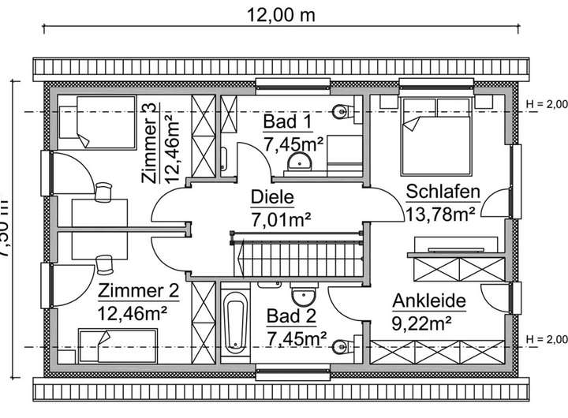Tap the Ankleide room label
tap(428, 300)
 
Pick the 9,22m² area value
tap(421, 322)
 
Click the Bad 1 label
tap(288, 122)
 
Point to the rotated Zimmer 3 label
tap(151, 144)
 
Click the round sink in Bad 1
tap(301, 162)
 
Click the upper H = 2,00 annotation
tap(545, 103)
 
